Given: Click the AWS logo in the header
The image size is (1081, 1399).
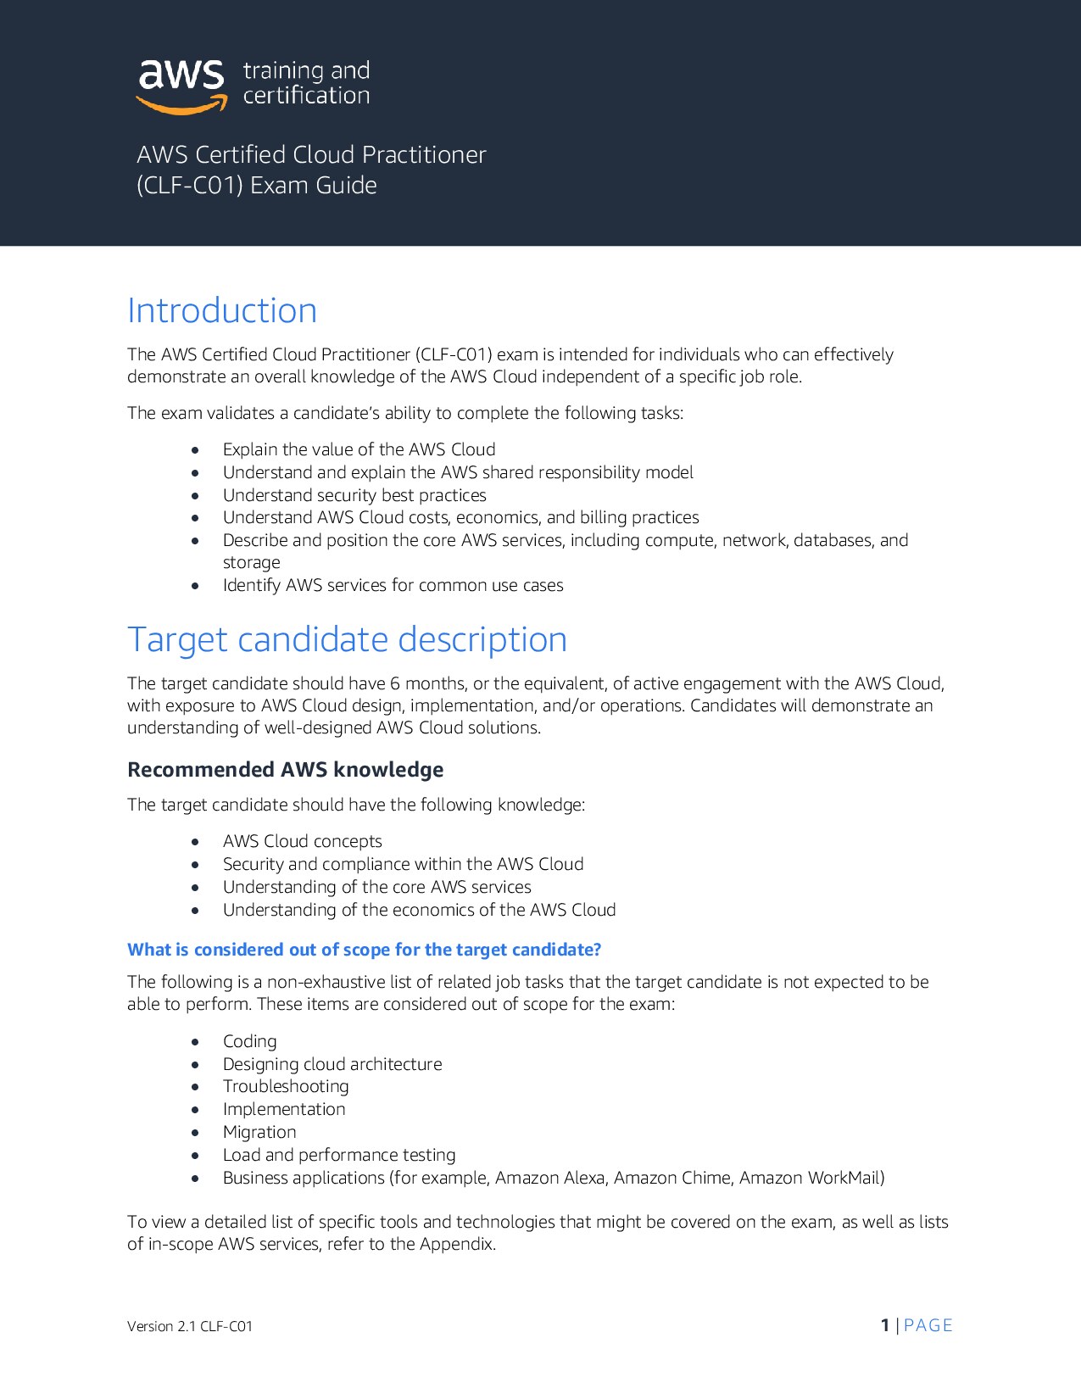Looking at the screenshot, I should (181, 86).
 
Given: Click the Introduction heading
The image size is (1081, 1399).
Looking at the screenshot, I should (222, 311).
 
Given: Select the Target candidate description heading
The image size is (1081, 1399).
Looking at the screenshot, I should (347, 639).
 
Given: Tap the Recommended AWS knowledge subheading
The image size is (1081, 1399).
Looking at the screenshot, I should (285, 769).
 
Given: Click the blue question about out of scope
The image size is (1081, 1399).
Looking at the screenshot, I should (364, 950).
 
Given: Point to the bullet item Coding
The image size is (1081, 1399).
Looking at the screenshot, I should (249, 1041).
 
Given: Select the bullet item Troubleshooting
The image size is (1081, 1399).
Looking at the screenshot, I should (285, 1086).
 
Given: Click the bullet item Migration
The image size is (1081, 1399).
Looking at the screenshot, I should (259, 1132).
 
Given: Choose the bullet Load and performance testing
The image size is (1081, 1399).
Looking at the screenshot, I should (338, 1155).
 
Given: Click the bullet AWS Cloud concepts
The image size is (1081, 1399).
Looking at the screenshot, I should (302, 841).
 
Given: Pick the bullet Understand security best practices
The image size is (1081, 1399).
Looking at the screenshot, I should (354, 495).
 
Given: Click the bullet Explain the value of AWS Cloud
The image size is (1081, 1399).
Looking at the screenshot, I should (359, 449).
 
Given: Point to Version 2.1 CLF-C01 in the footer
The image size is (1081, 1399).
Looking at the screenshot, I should (190, 1326).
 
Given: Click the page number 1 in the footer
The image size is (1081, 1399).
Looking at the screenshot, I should (885, 1325).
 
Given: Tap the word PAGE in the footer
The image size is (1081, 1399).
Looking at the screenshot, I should (928, 1325).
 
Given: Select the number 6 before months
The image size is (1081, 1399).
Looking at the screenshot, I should (395, 683).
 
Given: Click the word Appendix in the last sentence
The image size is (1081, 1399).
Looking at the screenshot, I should (457, 1244).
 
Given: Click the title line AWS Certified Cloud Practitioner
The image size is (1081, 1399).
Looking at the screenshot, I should (311, 155).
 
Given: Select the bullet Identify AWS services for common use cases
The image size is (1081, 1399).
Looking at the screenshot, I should (393, 585).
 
